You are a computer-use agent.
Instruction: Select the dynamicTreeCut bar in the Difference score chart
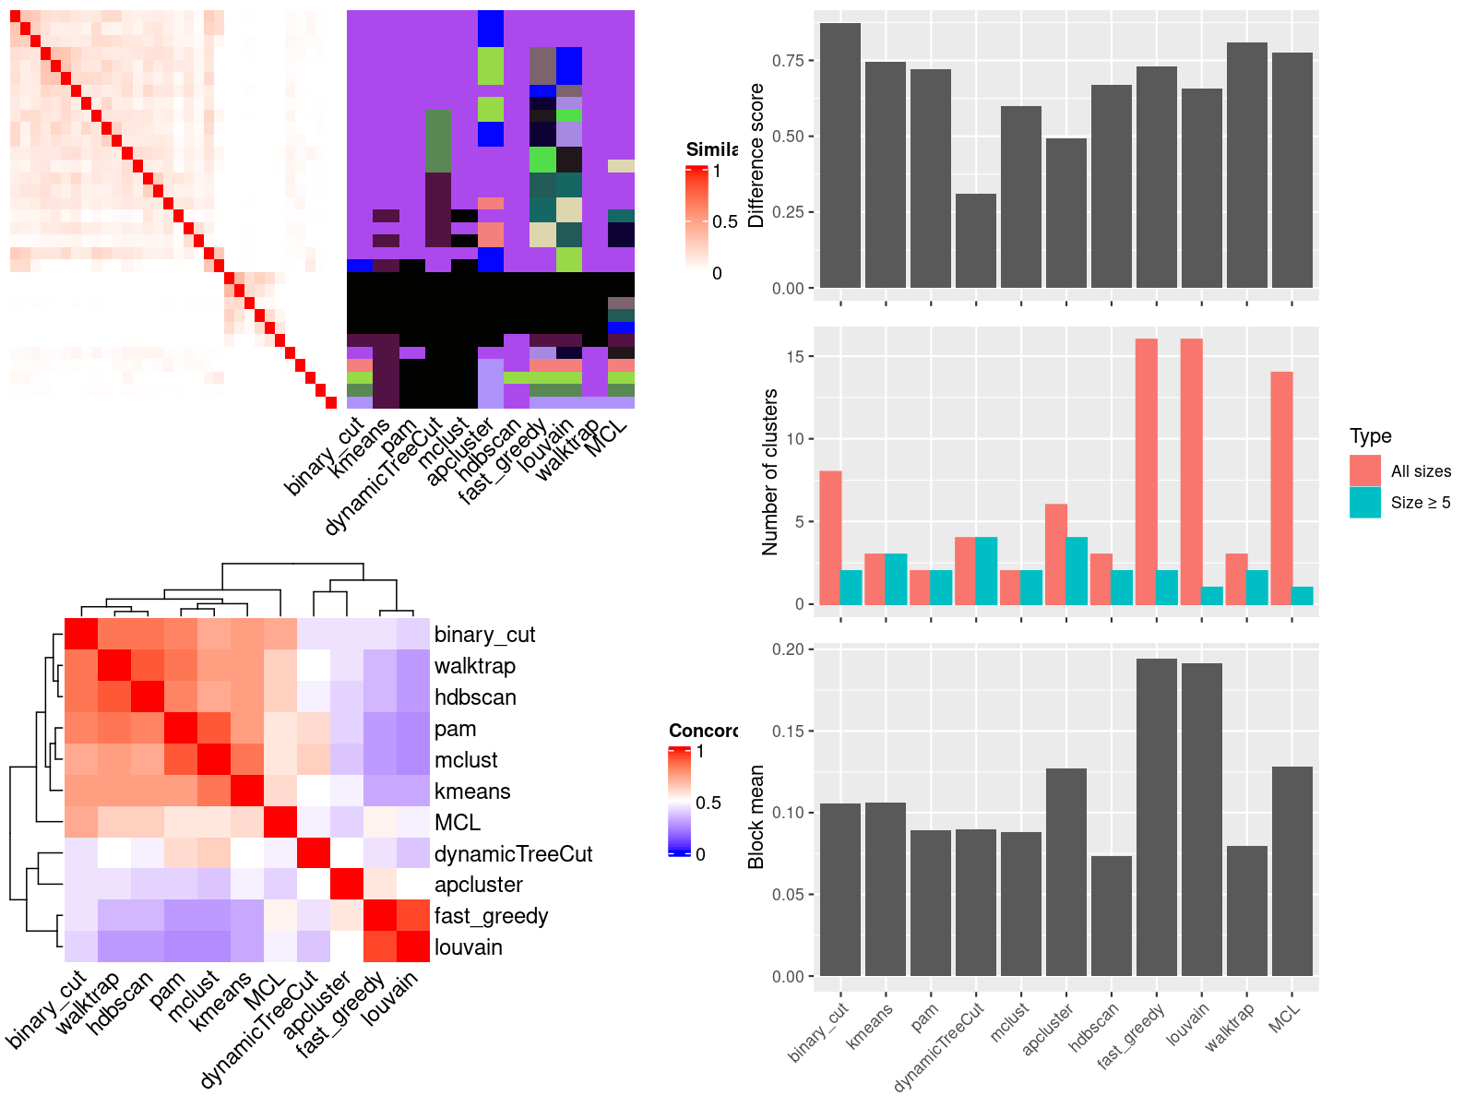(975, 241)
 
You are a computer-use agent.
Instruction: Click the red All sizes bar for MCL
(1280, 488)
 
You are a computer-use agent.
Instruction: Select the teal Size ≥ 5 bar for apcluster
(1077, 571)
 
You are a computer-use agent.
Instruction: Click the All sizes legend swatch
(1364, 471)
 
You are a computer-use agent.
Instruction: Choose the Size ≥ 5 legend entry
(1420, 503)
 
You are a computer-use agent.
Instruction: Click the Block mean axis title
(756, 816)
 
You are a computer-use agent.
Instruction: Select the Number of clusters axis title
(769, 471)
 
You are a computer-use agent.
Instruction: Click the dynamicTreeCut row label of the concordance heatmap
(513, 854)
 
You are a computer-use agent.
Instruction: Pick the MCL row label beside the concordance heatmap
(458, 823)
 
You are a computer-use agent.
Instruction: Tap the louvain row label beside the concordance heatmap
(469, 947)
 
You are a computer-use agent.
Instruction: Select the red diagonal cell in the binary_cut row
(81, 634)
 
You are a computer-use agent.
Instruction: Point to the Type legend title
(1370, 436)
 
